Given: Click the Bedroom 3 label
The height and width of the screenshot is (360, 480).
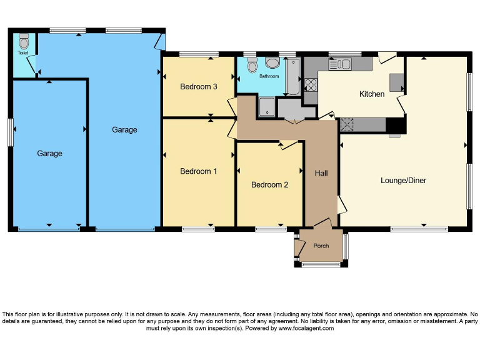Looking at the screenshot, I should click(198, 86).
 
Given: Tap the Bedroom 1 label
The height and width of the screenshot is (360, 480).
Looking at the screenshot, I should click(198, 171).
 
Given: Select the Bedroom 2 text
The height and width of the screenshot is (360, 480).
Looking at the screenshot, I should click(269, 184).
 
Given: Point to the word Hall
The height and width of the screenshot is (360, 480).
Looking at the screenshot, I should click(321, 173).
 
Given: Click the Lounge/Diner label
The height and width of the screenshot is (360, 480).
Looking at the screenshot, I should click(403, 181).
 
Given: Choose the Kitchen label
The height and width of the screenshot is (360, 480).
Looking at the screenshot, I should click(371, 94).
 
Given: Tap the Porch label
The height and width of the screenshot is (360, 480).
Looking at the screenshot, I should click(321, 246).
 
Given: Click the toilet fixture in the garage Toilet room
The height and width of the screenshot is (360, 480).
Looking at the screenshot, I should click(24, 42).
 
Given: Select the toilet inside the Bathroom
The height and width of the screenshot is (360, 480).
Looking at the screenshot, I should click(252, 66).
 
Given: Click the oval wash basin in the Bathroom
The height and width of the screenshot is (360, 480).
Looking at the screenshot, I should click(272, 62).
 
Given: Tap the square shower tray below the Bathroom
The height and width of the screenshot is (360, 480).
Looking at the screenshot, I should click(266, 106).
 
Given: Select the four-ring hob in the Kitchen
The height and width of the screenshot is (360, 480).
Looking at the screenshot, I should click(310, 85).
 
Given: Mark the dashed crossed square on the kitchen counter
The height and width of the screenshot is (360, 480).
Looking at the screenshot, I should click(347, 125).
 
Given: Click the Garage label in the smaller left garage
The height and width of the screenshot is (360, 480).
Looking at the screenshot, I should click(49, 153).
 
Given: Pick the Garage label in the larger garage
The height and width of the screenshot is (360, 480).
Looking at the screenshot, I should click(124, 129).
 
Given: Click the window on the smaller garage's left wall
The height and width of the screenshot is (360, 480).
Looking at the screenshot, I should click(10, 132).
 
